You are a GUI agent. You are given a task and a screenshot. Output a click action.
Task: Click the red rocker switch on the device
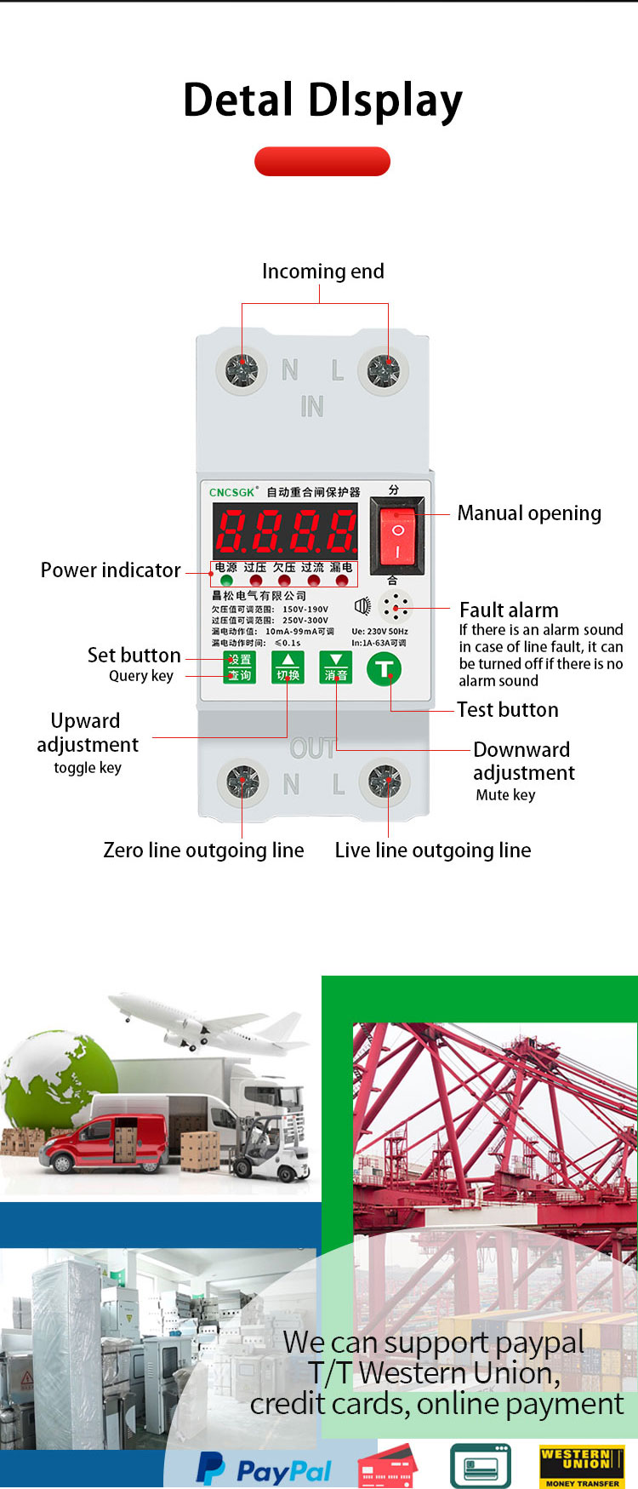(397, 536)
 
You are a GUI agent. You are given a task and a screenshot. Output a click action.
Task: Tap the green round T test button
(384, 668)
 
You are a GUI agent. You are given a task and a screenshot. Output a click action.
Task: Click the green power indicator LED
(226, 581)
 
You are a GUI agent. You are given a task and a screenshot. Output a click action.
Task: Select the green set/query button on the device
(239, 667)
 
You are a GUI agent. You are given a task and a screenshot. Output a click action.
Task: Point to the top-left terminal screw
(242, 371)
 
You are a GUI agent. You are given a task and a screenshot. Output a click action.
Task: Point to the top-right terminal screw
(383, 371)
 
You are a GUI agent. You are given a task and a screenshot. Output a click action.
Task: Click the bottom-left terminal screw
(242, 782)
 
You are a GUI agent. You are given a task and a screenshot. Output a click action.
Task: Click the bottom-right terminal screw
(385, 782)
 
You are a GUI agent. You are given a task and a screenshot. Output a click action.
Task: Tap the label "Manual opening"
(529, 513)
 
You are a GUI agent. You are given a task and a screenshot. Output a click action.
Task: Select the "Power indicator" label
(111, 570)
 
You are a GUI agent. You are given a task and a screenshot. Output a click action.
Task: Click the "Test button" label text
(508, 710)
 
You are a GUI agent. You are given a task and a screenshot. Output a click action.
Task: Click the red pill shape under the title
(322, 162)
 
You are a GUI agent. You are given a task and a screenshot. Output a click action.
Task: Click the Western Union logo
(582, 1466)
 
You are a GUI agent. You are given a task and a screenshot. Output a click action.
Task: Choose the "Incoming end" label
(323, 272)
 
